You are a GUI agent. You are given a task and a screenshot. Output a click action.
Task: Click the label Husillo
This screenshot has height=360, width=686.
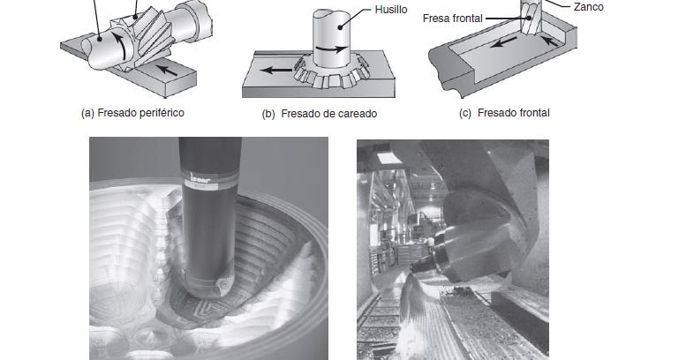pos(391,10)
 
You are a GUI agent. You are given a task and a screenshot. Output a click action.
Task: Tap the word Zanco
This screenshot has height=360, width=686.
pos(588,7)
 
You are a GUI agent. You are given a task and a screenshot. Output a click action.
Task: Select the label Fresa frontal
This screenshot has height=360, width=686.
pos(453,19)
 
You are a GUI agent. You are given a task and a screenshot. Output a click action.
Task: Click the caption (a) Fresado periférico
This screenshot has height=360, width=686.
pos(133,113)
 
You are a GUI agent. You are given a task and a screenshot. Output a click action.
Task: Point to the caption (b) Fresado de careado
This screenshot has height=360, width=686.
pos(320,114)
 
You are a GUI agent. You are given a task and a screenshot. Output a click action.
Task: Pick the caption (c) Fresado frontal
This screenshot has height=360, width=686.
pos(504,113)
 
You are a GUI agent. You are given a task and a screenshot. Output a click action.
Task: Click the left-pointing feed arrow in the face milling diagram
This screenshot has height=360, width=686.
pos(275,70)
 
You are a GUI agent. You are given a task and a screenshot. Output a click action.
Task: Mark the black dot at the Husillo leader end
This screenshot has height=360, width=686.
pos(341,27)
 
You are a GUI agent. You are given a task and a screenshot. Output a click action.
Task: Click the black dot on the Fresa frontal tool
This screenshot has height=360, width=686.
pos(529,18)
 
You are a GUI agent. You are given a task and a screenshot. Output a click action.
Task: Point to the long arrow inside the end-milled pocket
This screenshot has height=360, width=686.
pos(503,42)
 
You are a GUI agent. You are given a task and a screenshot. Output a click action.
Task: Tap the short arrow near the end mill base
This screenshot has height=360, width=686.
pos(549,41)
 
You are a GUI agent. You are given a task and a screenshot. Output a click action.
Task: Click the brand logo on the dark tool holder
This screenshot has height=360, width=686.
pos(201,177)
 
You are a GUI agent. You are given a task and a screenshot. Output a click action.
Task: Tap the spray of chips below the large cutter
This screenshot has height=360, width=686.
pos(413,315)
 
